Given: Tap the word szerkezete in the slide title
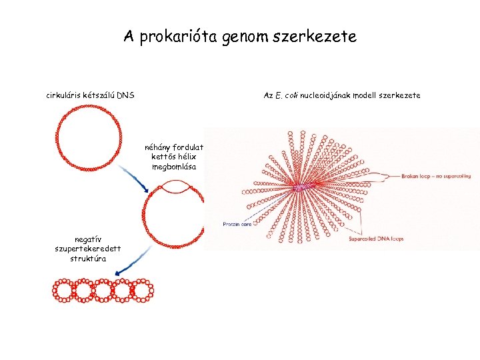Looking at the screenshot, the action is coord(319,37).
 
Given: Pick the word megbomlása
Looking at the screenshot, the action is coord(174,167).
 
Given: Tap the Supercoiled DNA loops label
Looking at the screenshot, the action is coord(377,239).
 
